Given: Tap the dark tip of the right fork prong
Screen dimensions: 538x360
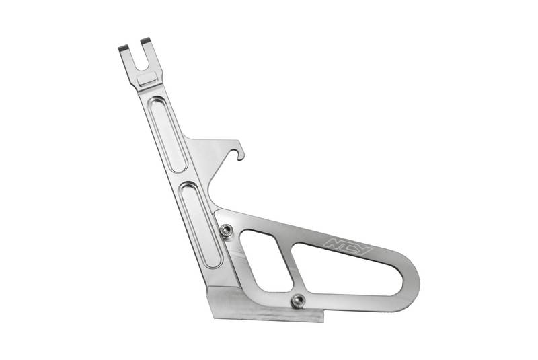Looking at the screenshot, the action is tap(145, 40).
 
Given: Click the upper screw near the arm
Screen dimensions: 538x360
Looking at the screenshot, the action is tap(226, 230).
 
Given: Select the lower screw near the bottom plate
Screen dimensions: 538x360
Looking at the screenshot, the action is tap(298, 301).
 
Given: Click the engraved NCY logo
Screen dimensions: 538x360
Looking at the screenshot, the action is tap(348, 246).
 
